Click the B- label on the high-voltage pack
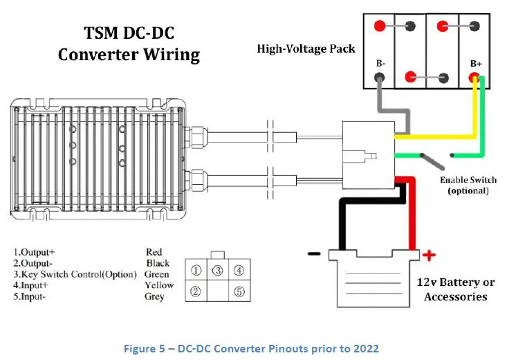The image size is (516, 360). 380,64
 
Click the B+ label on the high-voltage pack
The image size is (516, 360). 476,64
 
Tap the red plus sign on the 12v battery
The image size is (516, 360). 429,255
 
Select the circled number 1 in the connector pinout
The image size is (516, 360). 196,271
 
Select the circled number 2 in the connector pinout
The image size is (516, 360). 196,291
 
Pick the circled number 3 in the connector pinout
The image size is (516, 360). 217,271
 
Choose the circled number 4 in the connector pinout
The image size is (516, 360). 239,271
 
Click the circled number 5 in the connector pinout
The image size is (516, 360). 239,291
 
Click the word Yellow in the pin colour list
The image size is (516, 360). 160,285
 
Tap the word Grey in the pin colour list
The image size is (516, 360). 154,296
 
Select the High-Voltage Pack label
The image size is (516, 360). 306,49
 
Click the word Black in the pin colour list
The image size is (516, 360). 158,263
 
